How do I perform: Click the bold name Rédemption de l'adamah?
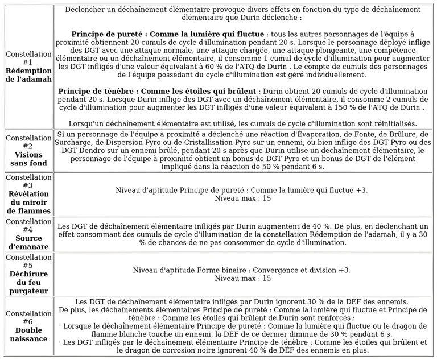pyautogui.click(x=28, y=75)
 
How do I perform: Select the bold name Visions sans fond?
pyautogui.click(x=28, y=159)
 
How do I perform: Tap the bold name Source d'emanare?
pyautogui.click(x=28, y=242)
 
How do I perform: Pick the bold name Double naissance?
pyautogui.click(x=28, y=334)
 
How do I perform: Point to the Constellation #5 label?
pyautogui.click(x=28, y=261)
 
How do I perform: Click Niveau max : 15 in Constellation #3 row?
pyautogui.click(x=242, y=198)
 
